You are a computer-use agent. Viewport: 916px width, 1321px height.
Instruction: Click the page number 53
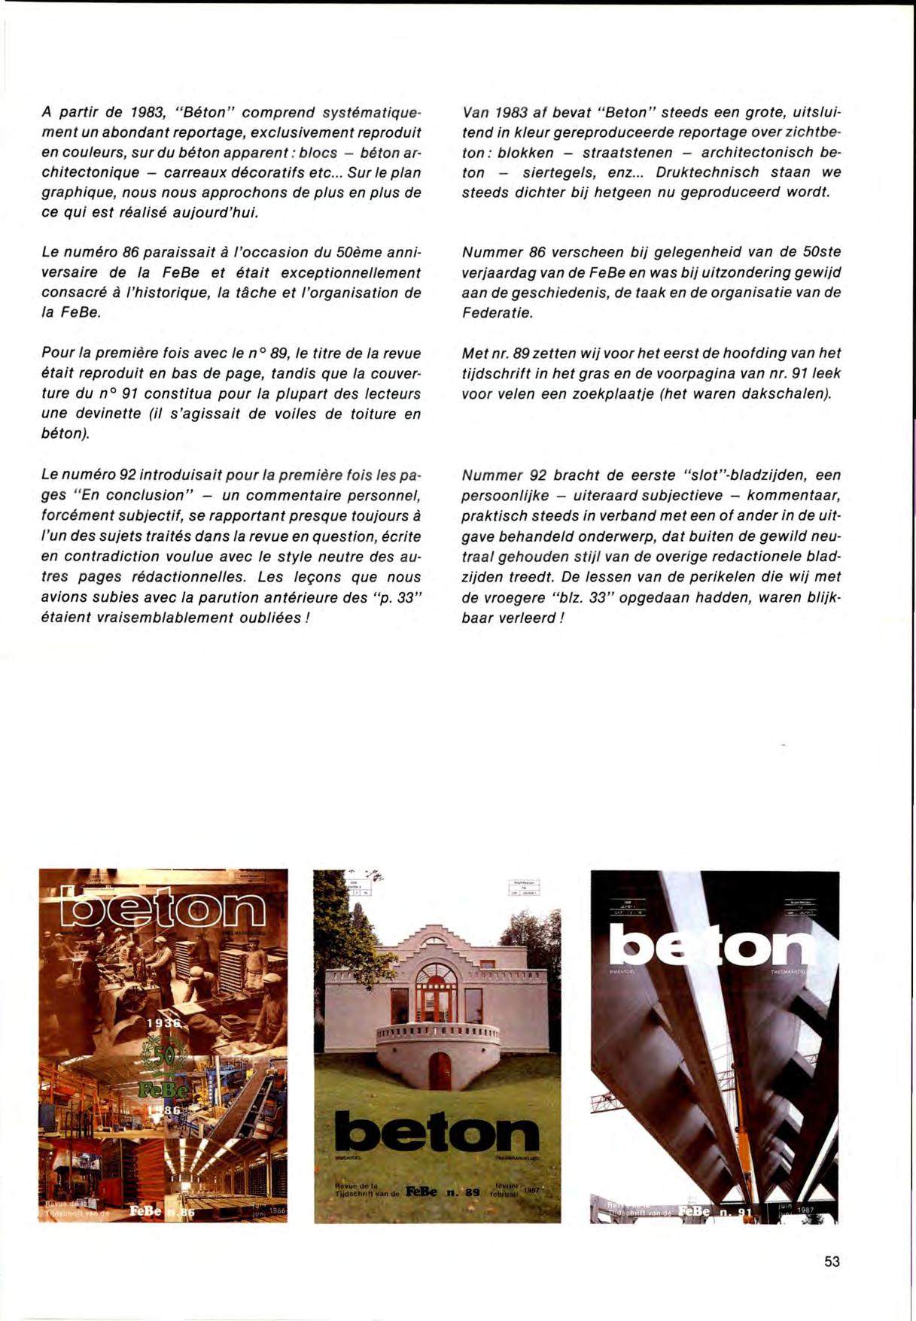[831, 1262]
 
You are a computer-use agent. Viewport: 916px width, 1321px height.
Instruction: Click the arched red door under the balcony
[439, 1073]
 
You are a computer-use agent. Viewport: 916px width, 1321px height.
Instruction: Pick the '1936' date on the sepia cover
[164, 1024]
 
